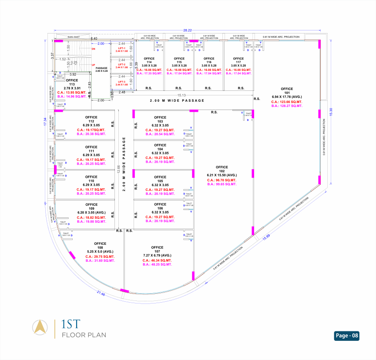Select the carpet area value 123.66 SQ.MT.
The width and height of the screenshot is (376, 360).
pos(287,101)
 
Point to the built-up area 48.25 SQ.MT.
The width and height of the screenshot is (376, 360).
pos(157,264)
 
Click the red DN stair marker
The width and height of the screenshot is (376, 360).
pos(93,49)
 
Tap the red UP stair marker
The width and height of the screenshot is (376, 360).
pos(93,65)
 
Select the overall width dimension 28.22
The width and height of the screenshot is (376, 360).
pos(188,30)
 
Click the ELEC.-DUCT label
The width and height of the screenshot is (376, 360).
pos(74,37)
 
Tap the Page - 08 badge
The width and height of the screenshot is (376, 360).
pos(347,336)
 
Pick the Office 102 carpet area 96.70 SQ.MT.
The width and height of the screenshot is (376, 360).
pos(222,180)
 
